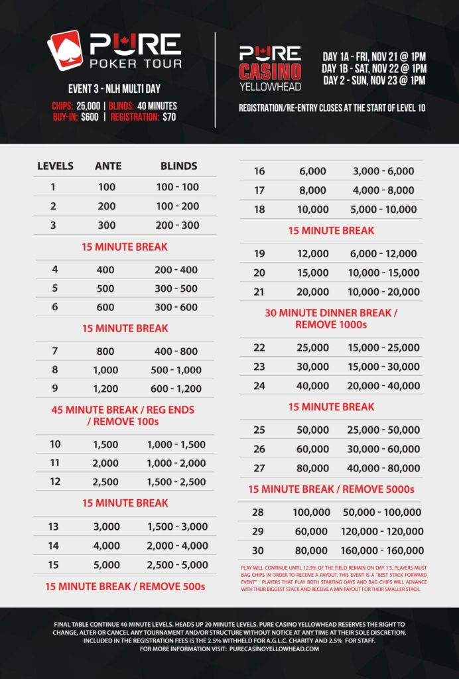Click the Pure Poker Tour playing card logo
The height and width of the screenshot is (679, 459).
[64, 50]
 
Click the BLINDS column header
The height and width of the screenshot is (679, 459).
[178, 166]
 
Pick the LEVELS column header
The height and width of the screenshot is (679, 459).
[55, 166]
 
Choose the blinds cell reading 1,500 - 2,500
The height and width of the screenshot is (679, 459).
[178, 481]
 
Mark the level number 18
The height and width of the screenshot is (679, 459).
[259, 210]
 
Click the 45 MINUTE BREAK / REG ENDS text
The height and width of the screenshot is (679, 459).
[123, 410]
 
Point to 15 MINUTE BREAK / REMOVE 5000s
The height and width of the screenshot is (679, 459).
[331, 489]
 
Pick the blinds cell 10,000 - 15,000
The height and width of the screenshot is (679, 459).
[386, 273]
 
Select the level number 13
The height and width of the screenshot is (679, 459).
[53, 526]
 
